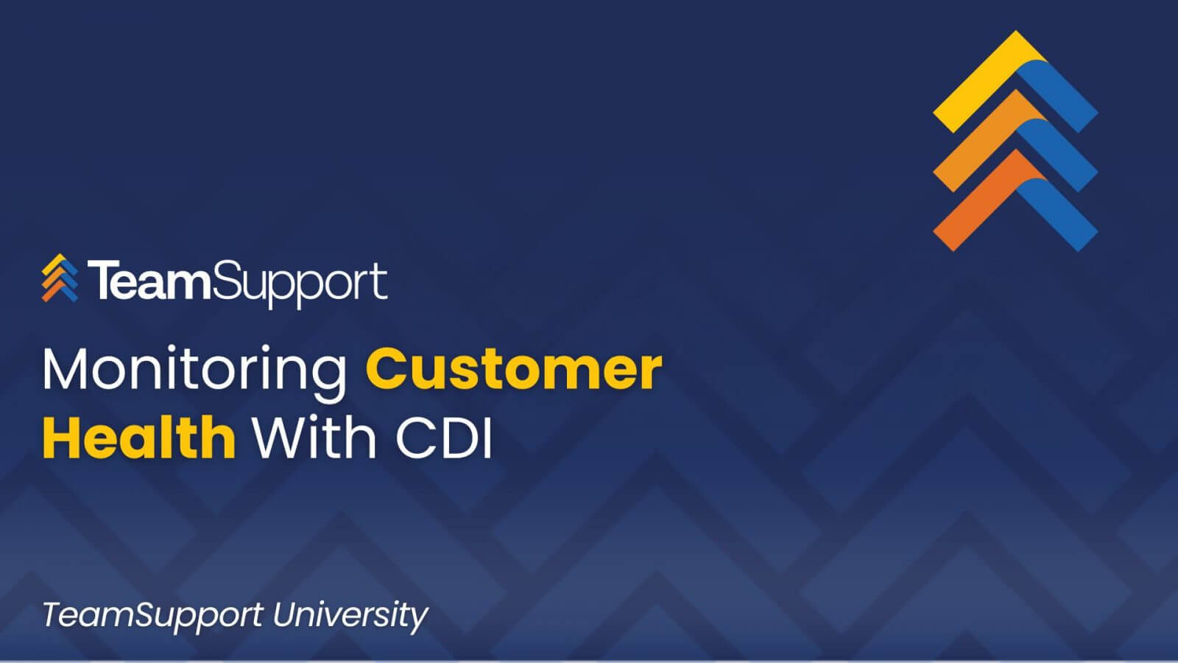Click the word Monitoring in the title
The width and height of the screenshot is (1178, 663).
coord(194,372)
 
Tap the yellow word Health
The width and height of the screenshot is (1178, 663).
coord(139,437)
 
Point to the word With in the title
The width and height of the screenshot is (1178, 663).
coord(314,437)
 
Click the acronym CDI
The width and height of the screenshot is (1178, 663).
coord(443,438)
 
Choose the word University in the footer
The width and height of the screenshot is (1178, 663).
coord(350,617)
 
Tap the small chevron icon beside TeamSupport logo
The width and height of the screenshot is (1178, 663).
coord(60,278)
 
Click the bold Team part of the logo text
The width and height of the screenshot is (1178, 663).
coord(149,281)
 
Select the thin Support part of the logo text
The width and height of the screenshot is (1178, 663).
coord(299,284)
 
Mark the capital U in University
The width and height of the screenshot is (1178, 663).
coord(286,614)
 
